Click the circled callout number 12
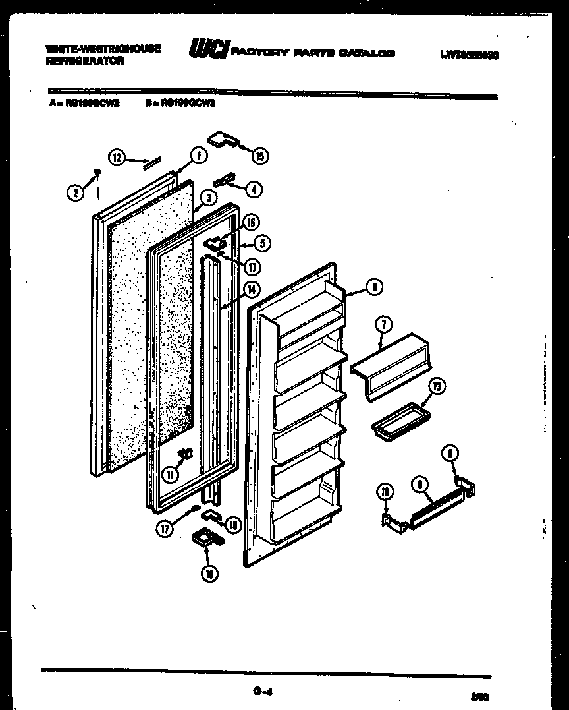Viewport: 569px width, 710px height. pos(116,157)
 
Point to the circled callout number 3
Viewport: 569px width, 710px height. pos(208,197)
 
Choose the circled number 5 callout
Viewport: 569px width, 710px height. pos(262,243)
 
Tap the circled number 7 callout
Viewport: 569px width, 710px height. pos(383,324)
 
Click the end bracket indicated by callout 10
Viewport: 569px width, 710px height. pos(391,519)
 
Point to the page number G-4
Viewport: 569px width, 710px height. pos(262,692)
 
